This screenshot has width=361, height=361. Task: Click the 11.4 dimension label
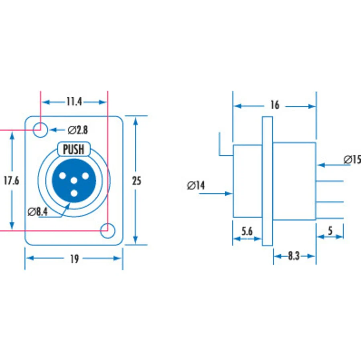pyautogui.click(x=74, y=101)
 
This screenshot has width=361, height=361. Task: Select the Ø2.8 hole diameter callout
pyautogui.click(x=78, y=130)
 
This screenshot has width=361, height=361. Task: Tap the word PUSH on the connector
pyautogui.click(x=74, y=149)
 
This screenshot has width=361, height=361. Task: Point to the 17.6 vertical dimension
pyautogui.click(x=12, y=180)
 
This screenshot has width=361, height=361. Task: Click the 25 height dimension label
pyautogui.click(x=136, y=181)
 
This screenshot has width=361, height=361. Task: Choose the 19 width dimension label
pyautogui.click(x=74, y=259)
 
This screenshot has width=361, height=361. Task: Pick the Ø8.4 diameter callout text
pyautogui.click(x=38, y=212)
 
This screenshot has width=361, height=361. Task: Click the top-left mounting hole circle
pyautogui.click(x=40, y=130)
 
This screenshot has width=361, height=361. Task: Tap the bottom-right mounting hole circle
pyautogui.click(x=108, y=231)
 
